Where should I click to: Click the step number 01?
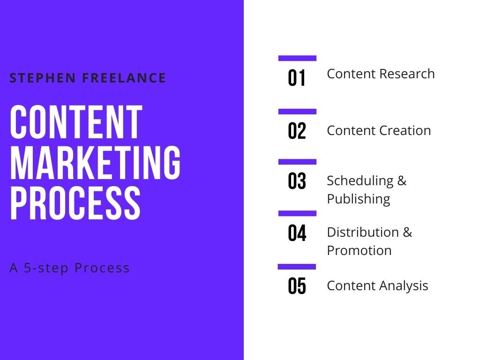pos(297,78)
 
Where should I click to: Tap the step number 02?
pos(297,131)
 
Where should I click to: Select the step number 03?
pos(297,181)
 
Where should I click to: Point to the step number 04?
pos(297,233)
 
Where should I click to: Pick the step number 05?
pos(297,286)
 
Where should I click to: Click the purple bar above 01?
pos(297,58)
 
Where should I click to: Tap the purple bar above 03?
pos(297,162)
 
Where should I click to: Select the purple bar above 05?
pos(297,267)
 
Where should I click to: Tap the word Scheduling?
pos(360,181)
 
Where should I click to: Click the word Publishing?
pos(359,199)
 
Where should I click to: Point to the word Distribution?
pos(363,232)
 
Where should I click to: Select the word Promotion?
pos(360,250)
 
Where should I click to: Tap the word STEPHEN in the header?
pos(43,78)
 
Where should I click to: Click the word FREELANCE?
pos(124,78)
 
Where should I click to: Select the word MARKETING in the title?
pos(95,162)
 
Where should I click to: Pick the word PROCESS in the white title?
pos(75,203)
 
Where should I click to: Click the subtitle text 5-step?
pos(46,268)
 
